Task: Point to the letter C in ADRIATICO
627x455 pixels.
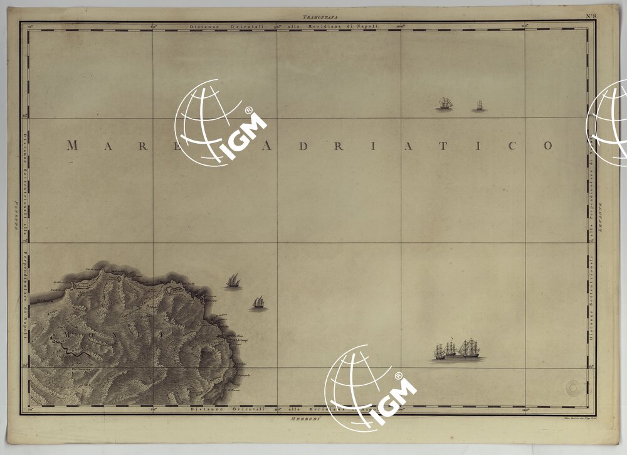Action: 512,146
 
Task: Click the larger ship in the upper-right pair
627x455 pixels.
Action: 445,104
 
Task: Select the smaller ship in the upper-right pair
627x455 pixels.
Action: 479,105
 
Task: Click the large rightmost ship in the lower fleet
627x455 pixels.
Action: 469,348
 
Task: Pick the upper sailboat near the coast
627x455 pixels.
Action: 233,280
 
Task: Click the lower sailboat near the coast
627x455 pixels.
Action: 258,303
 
